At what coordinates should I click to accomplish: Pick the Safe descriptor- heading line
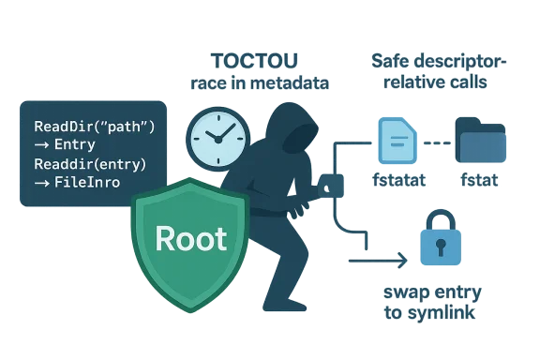click(x=439, y=62)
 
